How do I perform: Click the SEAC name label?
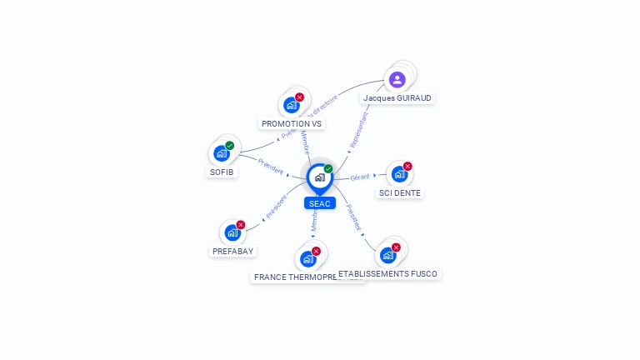319,203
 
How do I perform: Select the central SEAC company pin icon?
319,177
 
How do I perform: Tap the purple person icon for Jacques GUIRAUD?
397,80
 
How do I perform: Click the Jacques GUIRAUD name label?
397,97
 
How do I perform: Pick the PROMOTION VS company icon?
291,105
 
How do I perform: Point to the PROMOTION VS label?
292,123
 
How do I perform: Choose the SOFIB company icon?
221,153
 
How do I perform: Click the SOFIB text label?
222,172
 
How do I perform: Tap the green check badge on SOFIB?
230,146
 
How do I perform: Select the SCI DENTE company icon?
398,174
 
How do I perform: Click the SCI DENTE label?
400,192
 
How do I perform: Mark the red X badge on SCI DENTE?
407,167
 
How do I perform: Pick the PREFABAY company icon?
232,232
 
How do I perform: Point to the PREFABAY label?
232,251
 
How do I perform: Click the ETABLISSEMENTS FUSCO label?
388,273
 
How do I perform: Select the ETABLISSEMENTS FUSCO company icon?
387,255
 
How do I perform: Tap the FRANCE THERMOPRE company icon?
307,258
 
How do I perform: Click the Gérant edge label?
360,177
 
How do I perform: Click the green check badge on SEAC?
328,169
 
